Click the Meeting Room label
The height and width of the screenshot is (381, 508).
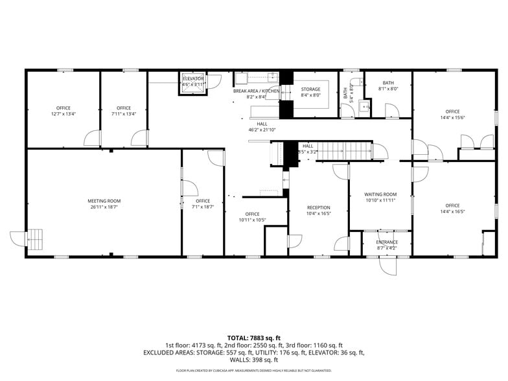pos(104,201)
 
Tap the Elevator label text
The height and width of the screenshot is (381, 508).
pos(193,78)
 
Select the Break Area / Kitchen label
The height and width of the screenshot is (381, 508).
pos(257,91)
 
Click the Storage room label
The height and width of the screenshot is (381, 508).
pos(310,89)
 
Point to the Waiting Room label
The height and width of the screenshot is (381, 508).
pos(380,194)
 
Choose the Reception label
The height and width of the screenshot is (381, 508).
pos(318,207)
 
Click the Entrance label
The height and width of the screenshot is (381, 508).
pos(387,242)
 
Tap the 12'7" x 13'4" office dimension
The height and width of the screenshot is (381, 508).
pos(63,114)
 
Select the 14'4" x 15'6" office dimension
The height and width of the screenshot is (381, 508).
pos(452,117)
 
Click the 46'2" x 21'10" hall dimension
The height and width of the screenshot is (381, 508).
pos(262,130)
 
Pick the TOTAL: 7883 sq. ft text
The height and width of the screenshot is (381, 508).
pos(254,338)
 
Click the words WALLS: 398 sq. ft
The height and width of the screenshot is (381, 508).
pos(254,360)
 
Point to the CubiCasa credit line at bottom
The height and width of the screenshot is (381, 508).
pos(254,371)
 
